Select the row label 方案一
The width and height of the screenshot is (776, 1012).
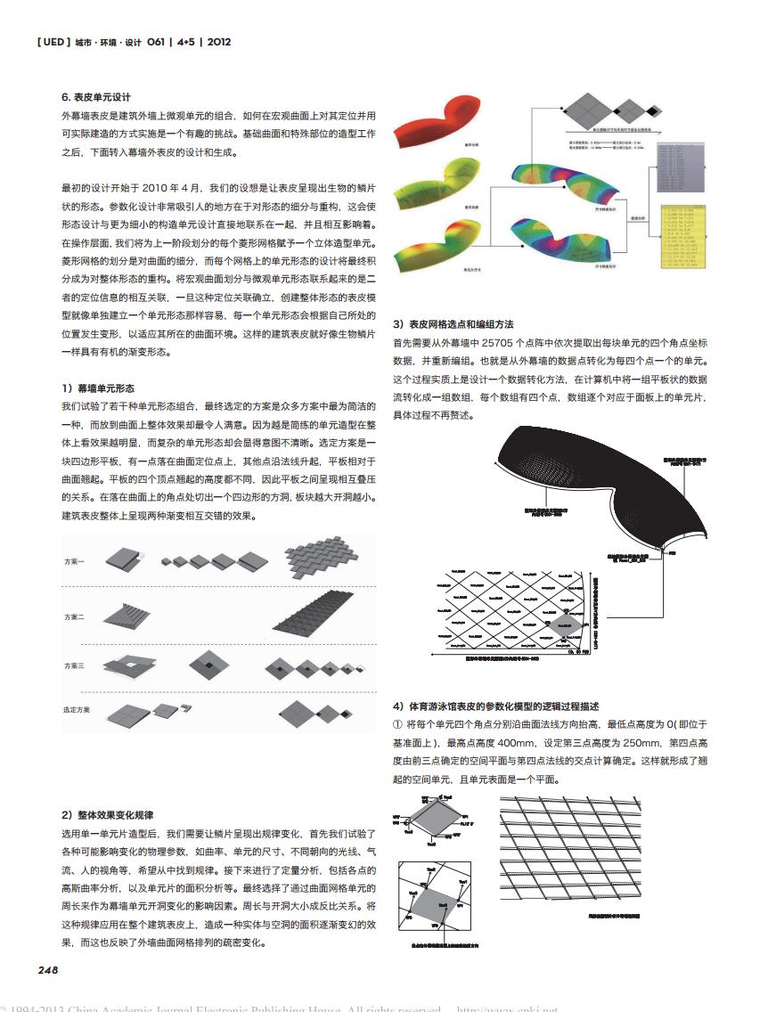tap(75, 562)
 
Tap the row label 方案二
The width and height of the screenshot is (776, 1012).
tap(75, 616)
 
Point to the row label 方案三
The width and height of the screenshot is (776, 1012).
tap(75, 665)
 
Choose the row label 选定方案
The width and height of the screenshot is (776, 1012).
tap(77, 709)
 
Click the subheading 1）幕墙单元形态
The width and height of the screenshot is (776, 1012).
tap(98, 388)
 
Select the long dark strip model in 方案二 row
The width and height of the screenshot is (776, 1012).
tap(322, 616)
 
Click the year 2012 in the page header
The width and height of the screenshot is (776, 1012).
tap(218, 42)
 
